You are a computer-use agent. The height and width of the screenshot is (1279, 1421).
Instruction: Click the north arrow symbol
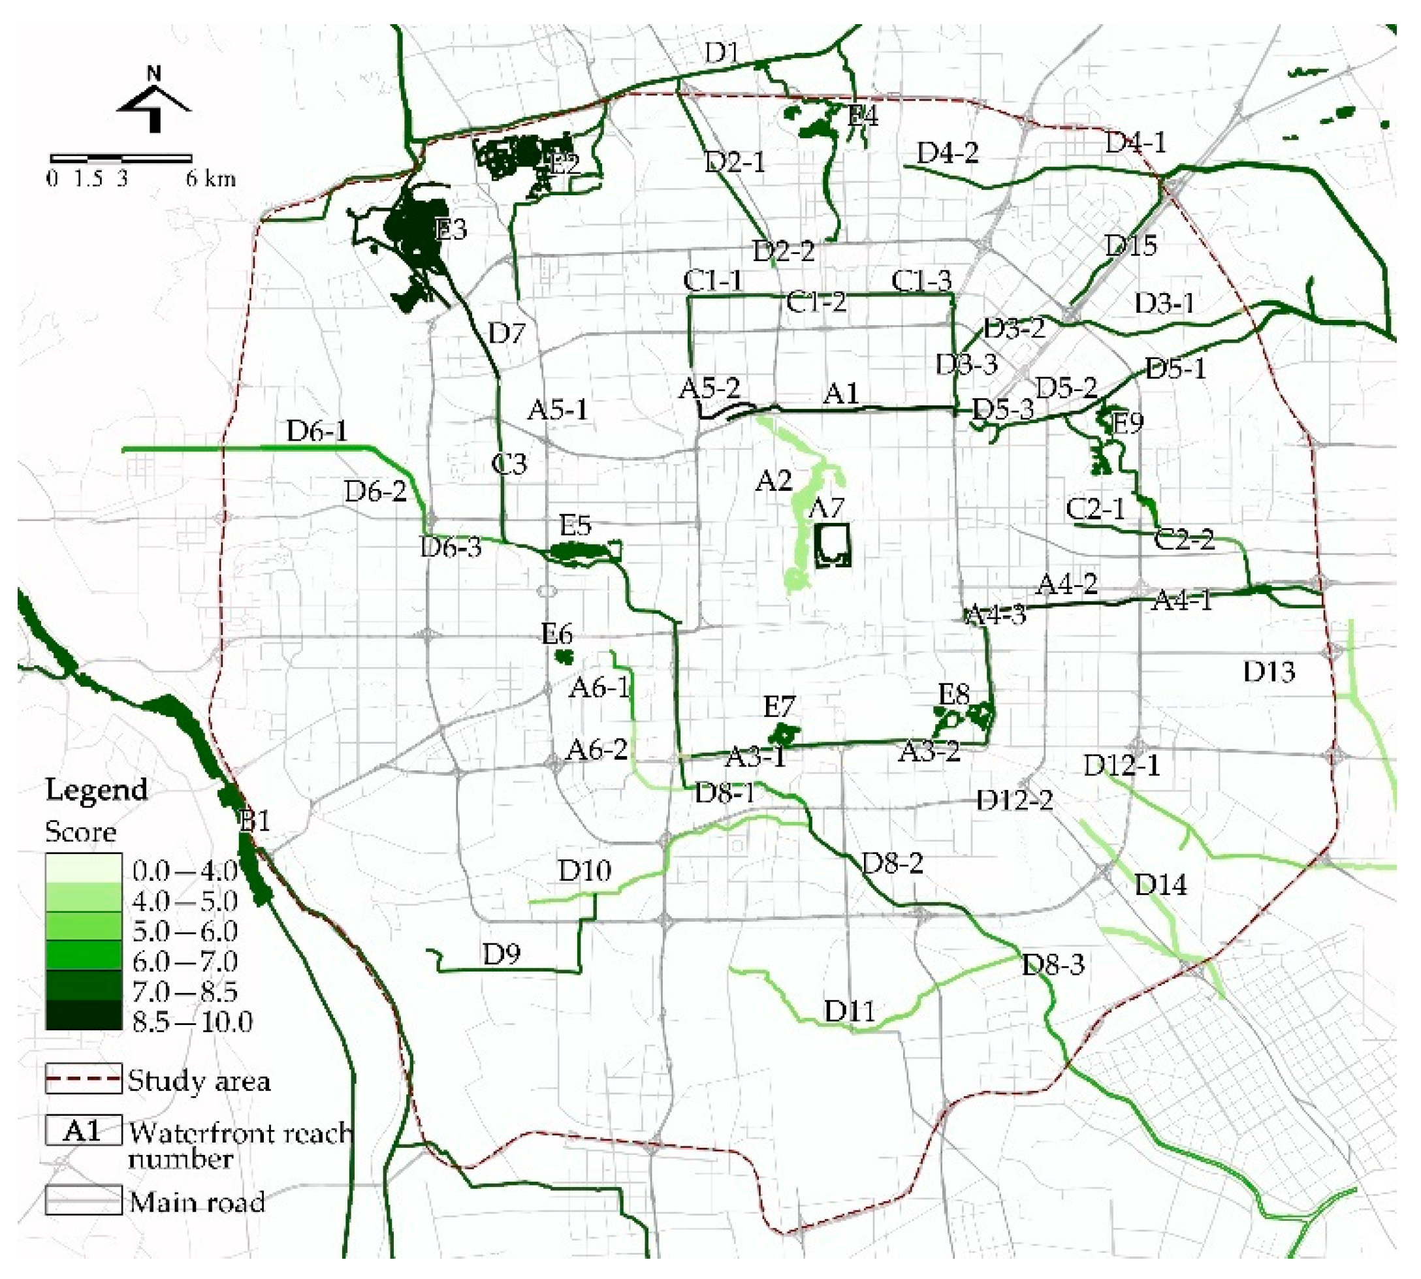click(154, 102)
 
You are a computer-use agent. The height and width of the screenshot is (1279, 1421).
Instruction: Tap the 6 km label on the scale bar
click(211, 178)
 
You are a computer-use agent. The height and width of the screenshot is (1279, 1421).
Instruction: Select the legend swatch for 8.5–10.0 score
click(83, 1014)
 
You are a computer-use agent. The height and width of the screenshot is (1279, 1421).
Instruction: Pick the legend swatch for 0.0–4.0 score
click(83, 867)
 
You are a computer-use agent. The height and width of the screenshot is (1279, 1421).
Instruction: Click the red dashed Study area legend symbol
click(83, 1079)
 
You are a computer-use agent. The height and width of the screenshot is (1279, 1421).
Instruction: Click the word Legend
click(96, 790)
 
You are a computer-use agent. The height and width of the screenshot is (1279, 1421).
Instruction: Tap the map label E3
click(451, 229)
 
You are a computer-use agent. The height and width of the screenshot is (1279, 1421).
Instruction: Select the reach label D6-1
click(316, 431)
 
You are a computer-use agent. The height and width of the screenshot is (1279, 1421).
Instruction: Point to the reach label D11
click(850, 1011)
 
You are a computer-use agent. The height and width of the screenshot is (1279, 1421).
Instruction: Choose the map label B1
click(255, 821)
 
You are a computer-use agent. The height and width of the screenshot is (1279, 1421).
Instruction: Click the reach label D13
click(1268, 672)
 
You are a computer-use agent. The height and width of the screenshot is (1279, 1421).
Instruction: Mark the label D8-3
click(1052, 964)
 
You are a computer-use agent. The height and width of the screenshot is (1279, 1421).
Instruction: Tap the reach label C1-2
click(815, 302)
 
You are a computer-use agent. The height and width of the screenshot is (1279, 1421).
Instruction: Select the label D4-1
click(1135, 143)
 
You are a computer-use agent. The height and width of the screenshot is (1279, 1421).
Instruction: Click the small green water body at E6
click(564, 657)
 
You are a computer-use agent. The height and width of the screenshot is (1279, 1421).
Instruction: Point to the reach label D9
click(501, 954)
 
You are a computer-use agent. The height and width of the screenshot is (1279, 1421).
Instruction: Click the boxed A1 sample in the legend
click(83, 1130)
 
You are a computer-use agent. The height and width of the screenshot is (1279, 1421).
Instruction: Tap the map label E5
click(575, 525)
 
